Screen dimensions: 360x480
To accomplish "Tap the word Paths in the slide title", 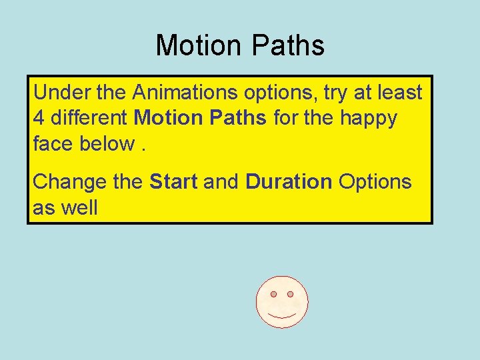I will pyautogui.click(x=288, y=46).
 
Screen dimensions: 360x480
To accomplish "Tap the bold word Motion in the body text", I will pyautogui.click(x=166, y=119).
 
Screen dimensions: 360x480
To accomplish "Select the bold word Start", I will pyautogui.click(x=173, y=182).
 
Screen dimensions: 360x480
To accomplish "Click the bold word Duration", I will pyautogui.click(x=289, y=182).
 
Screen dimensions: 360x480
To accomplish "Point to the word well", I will pyautogui.click(x=79, y=208).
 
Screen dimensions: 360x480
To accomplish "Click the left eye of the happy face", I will pyautogui.click(x=273, y=294).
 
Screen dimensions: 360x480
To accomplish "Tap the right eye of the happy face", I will pyautogui.click(x=290, y=294).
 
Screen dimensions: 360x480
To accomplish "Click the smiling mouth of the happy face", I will pyautogui.click(x=281, y=315).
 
